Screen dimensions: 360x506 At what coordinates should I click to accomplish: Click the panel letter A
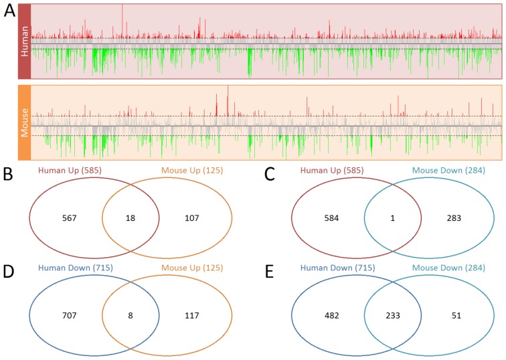[9, 13]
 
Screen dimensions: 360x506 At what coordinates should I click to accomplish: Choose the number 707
[66, 320]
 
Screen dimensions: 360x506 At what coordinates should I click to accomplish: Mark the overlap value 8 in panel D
[130, 320]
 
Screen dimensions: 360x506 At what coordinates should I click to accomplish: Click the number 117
[195, 320]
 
